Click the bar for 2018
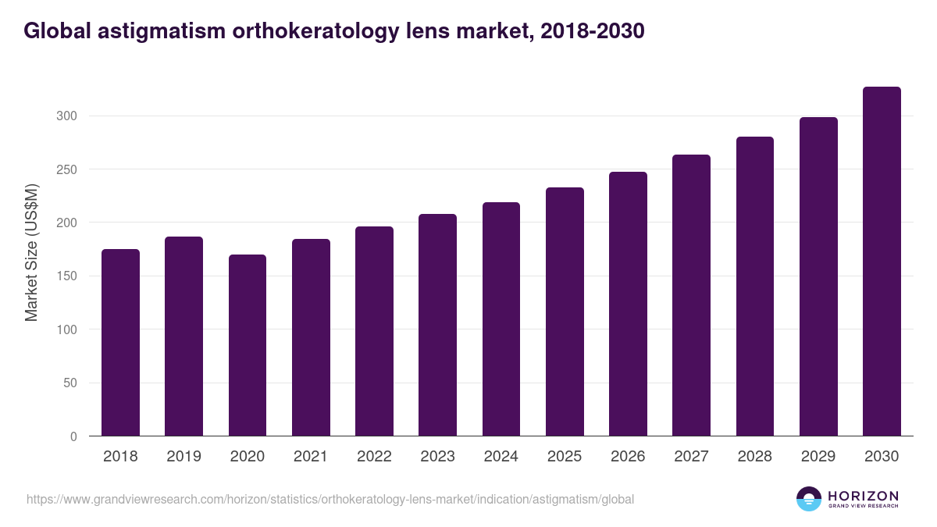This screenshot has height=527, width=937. (x=120, y=343)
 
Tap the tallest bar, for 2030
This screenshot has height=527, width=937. (x=882, y=262)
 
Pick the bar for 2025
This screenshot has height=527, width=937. (x=565, y=312)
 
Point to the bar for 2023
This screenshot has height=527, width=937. (x=437, y=325)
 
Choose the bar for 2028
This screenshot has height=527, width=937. (x=755, y=287)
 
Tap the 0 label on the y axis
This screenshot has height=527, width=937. (x=73, y=436)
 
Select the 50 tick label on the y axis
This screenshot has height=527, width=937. (x=70, y=383)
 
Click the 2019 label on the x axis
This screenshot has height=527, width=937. (x=183, y=457)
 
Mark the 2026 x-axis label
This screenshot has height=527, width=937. (x=628, y=457)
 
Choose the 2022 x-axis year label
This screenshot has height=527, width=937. (x=374, y=457)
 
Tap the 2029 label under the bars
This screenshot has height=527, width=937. (x=818, y=457)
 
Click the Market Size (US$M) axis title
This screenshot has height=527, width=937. (x=31, y=252)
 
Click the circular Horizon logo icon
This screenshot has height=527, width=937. (x=809, y=499)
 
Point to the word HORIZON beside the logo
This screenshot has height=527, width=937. (x=863, y=496)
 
